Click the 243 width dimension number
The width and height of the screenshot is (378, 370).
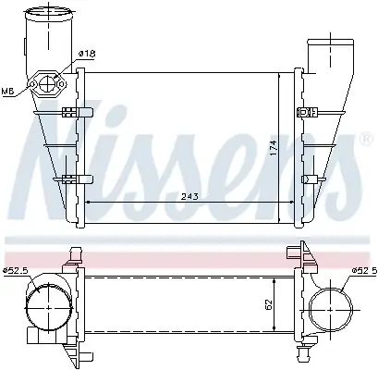point(189,196)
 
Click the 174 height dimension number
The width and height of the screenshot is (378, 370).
point(274,148)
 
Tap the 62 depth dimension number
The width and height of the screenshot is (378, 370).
point(269,304)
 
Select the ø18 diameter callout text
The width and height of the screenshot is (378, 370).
point(87,54)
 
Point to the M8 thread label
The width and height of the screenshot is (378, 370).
point(8,92)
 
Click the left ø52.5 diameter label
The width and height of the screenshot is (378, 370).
point(16,271)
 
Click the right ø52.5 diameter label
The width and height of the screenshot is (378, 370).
point(364,270)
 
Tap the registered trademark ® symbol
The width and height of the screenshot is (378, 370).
point(366,139)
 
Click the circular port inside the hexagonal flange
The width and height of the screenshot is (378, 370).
point(47,83)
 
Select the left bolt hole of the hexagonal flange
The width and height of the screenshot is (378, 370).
point(32,84)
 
